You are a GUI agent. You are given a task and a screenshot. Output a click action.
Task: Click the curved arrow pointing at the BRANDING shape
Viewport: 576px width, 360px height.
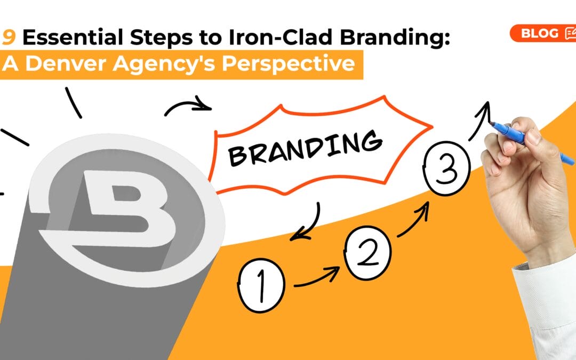tap(187, 105)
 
